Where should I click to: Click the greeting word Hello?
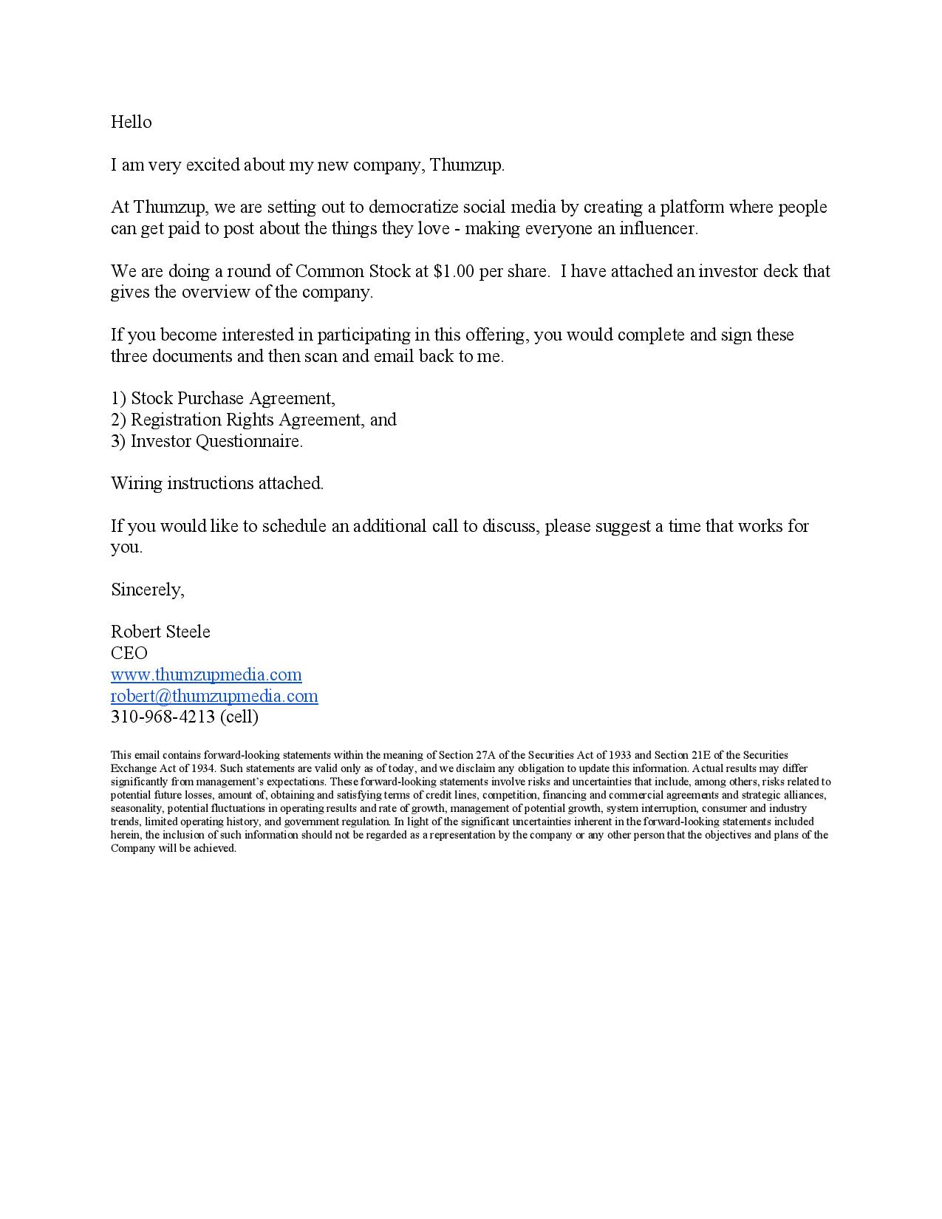(x=131, y=122)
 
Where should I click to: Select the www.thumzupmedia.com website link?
(x=206, y=675)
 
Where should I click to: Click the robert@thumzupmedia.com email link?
(x=214, y=696)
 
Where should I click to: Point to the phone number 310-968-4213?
(x=163, y=717)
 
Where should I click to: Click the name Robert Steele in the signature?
(x=160, y=632)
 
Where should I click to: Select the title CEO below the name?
(x=129, y=653)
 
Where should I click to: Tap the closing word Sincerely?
(x=147, y=590)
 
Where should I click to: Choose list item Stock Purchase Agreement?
(x=232, y=398)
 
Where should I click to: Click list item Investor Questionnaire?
(x=216, y=441)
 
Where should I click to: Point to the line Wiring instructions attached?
(x=217, y=483)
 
